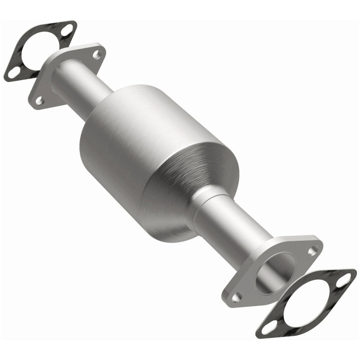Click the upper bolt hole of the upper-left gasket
click(x=67, y=30)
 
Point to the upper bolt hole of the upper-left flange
click(x=96, y=54)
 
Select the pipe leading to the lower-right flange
click(x=229, y=225)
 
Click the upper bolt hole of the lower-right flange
click(x=313, y=248)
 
